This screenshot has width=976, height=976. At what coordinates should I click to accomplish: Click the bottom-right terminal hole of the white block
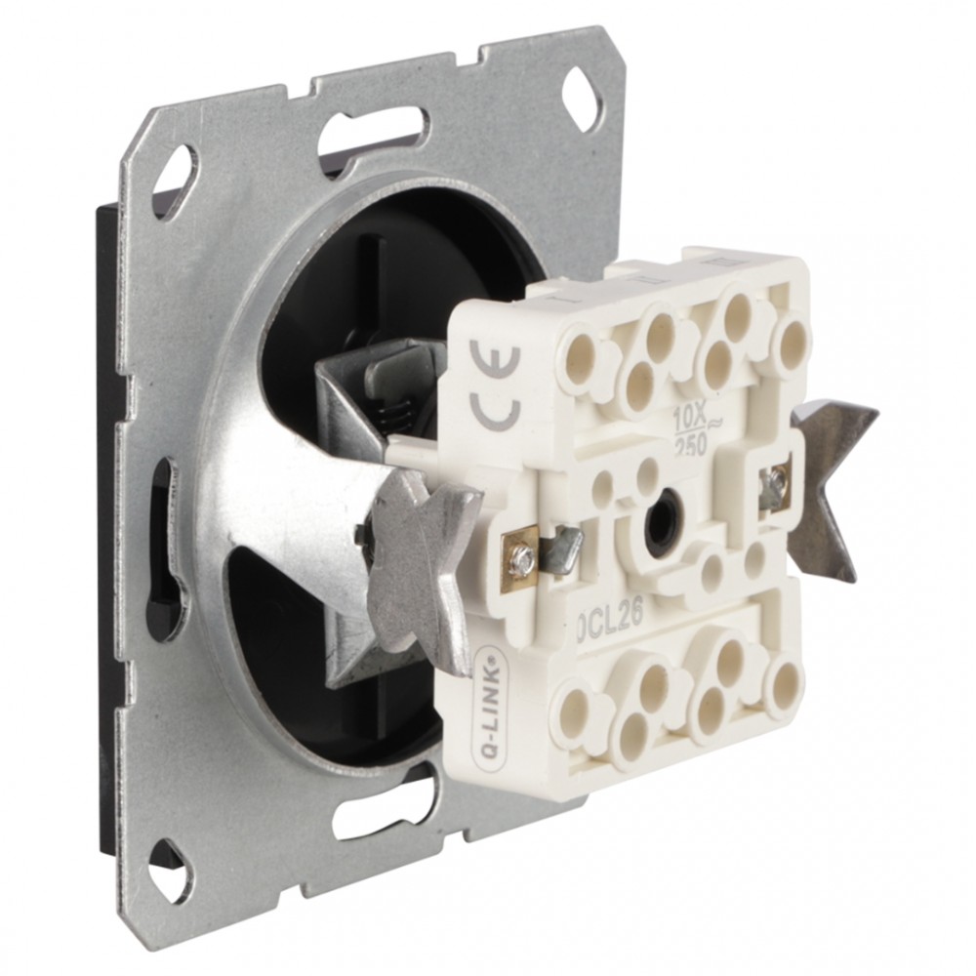click(x=780, y=683)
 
